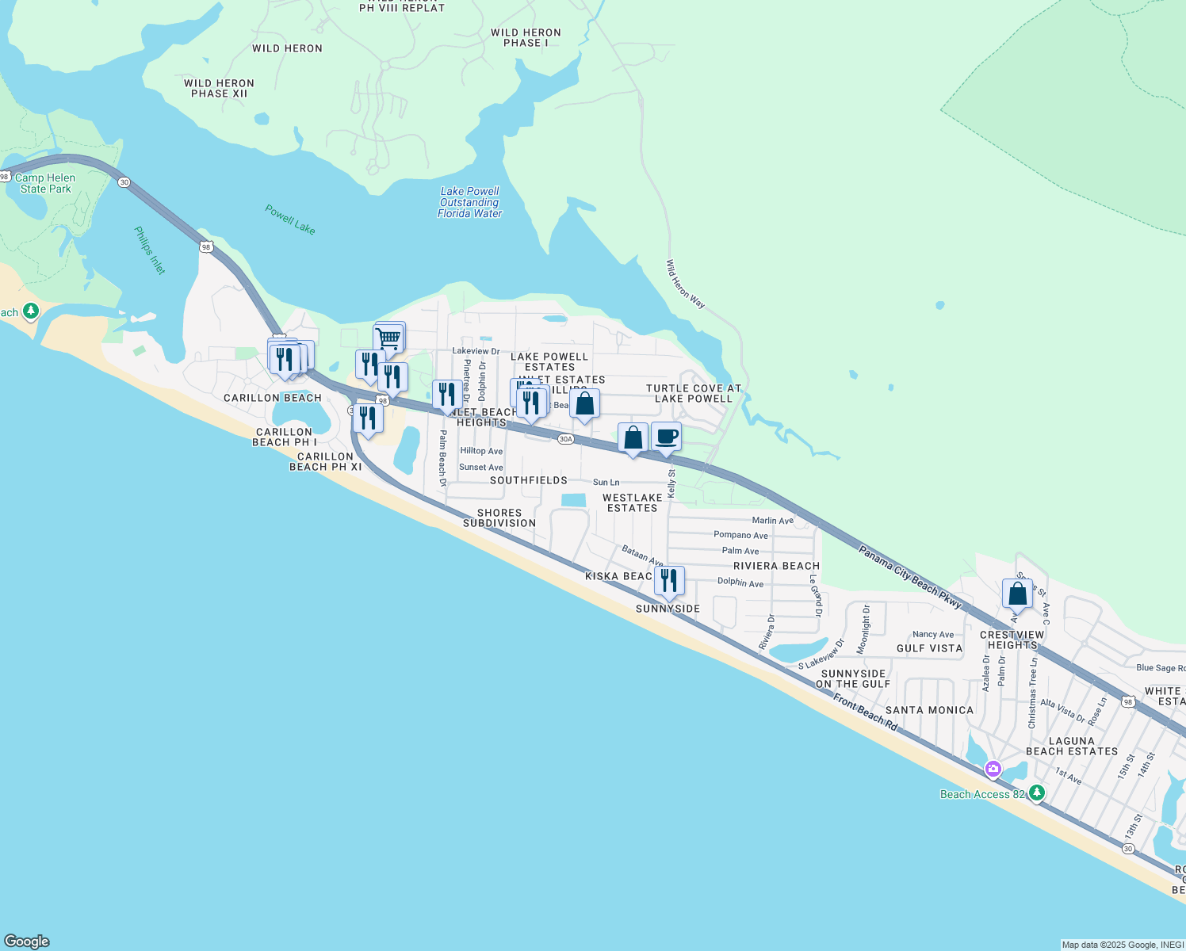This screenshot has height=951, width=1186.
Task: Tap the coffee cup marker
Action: (x=666, y=437)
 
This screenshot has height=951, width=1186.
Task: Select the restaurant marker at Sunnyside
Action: (x=669, y=581)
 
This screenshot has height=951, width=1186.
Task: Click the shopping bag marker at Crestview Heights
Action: (x=1017, y=594)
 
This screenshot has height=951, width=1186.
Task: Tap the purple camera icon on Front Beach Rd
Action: (x=993, y=769)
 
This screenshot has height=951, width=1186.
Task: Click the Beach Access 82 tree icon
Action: (x=1036, y=792)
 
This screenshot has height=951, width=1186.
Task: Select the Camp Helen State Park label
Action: (x=45, y=183)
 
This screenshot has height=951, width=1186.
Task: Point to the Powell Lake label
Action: (x=289, y=220)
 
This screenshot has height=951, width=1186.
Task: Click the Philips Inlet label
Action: (x=150, y=250)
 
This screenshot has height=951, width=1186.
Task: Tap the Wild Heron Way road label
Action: (x=685, y=284)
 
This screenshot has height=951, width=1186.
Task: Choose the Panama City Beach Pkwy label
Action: (x=910, y=577)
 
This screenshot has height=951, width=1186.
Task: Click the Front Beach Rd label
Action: (x=865, y=712)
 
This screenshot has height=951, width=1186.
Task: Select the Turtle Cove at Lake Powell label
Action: (x=694, y=393)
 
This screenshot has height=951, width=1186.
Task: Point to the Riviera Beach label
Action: (x=776, y=566)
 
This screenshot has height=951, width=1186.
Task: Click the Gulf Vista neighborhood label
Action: (x=929, y=648)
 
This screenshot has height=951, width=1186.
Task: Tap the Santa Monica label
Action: (x=929, y=710)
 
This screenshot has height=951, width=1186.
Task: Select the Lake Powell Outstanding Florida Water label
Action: (x=470, y=202)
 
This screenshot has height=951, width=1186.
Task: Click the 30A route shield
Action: (x=565, y=439)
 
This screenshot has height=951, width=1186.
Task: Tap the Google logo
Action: (x=27, y=941)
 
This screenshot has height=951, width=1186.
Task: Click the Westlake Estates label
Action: (x=633, y=502)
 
